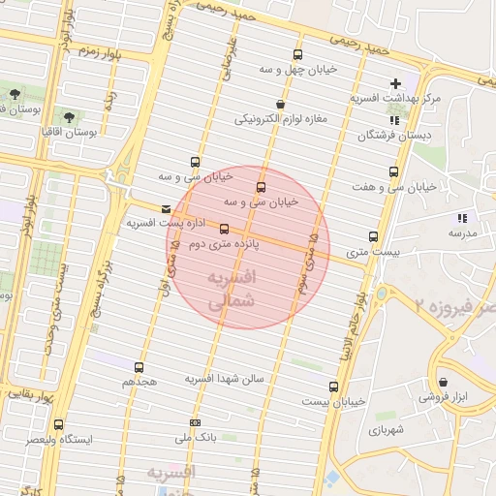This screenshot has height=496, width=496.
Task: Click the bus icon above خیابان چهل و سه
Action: [297, 55]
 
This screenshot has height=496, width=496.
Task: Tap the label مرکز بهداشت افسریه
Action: [395, 100]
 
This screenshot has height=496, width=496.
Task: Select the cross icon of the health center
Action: [395, 84]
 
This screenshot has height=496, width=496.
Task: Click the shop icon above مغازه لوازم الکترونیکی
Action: [280, 104]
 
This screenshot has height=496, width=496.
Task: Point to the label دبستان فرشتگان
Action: [392, 136]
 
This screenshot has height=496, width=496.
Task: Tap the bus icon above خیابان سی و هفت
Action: [393, 171]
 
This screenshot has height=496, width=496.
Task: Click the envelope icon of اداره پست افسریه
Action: [167, 208]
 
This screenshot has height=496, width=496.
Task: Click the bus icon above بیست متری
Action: [373, 237]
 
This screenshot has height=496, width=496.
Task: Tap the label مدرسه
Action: [461, 233]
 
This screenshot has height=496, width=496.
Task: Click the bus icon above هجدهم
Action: [139, 367]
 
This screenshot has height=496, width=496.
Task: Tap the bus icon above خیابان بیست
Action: [333, 386]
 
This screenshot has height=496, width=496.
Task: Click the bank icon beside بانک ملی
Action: [196, 422]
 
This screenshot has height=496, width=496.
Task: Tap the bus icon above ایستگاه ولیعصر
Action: [59, 424]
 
